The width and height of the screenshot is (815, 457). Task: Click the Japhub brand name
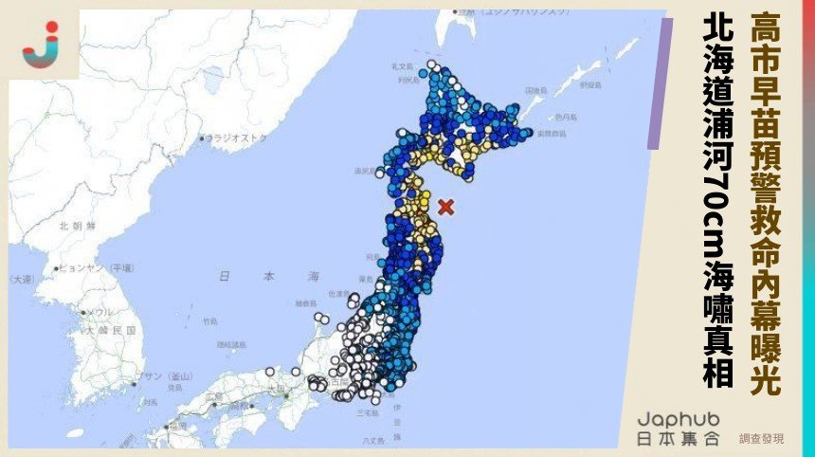(x=678, y=418)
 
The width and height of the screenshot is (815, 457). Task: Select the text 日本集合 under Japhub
(x=678, y=439)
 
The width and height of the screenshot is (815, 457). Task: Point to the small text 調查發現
(x=761, y=439)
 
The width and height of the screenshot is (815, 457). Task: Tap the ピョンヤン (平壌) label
(x=100, y=268)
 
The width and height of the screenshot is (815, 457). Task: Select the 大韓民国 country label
(x=106, y=331)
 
